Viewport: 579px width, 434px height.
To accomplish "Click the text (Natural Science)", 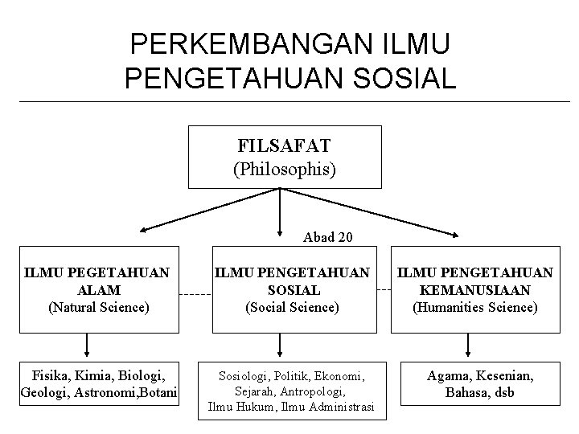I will [x=98, y=306].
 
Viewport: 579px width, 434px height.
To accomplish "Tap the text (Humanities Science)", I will [x=474, y=306].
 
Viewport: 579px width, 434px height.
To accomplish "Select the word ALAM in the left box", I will [x=98, y=289].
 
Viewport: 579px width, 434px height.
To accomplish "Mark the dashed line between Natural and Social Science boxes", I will [x=194, y=294].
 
